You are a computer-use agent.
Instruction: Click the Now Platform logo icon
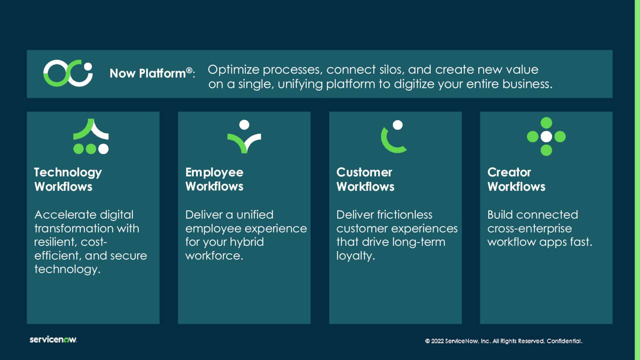pyautogui.click(x=68, y=73)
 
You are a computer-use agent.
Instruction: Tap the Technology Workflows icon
pyautogui.click(x=91, y=136)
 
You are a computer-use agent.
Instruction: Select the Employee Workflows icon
pyautogui.click(x=244, y=136)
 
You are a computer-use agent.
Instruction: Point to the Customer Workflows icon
pyautogui.click(x=394, y=136)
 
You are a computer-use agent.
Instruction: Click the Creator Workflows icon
pyautogui.click(x=546, y=136)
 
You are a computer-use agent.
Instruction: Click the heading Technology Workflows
pyautogui.click(x=68, y=179)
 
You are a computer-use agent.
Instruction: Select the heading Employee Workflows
pyautogui.click(x=214, y=179)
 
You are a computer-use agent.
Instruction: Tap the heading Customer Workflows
pyautogui.click(x=365, y=179)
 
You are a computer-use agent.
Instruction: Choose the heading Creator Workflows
pyautogui.click(x=516, y=179)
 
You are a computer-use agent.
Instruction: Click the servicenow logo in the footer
pyautogui.click(x=53, y=340)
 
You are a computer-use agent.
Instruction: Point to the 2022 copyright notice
pyautogui.click(x=503, y=341)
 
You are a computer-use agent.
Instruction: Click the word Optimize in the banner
pyautogui.click(x=233, y=69)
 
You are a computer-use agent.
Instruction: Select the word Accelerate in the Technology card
pyautogui.click(x=65, y=215)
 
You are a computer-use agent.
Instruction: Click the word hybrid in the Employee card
pyautogui.click(x=246, y=242)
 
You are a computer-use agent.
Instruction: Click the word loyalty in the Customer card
pyautogui.click(x=355, y=256)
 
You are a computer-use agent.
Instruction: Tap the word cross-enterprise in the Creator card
pyautogui.click(x=529, y=228)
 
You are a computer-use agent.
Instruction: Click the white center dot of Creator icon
pyautogui.click(x=546, y=136)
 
